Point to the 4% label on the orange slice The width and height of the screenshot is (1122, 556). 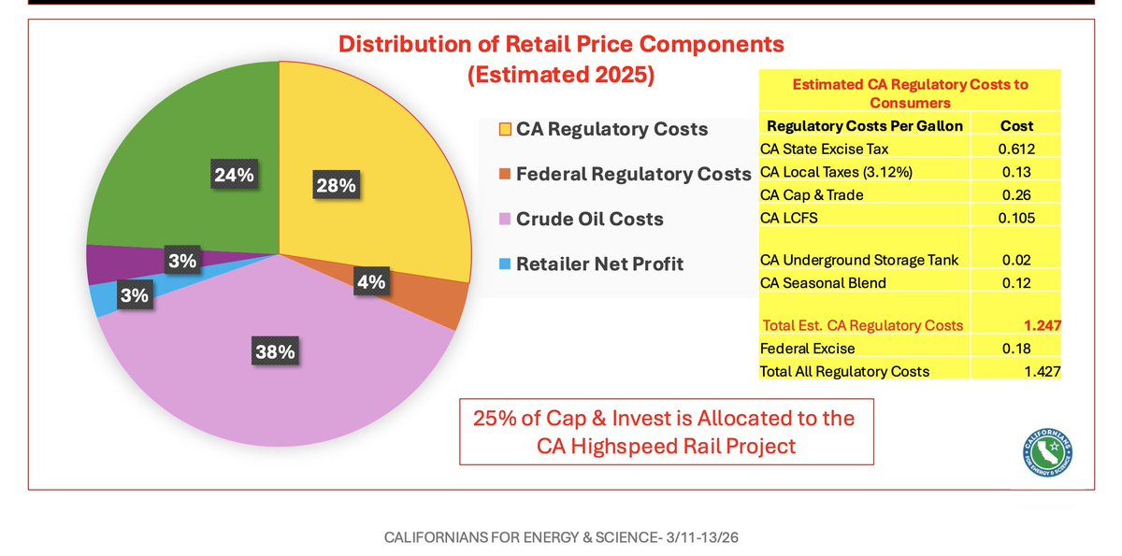[371, 281]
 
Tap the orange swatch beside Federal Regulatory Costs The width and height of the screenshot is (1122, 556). [506, 174]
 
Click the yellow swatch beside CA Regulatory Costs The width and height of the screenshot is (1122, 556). [506, 129]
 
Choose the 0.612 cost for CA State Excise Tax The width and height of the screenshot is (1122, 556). [1014, 150]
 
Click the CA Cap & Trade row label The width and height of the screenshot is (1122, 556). [812, 195]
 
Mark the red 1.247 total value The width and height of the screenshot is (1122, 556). [1042, 325]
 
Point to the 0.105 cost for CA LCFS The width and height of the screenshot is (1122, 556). [1014, 218]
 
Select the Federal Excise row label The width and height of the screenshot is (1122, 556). [807, 349]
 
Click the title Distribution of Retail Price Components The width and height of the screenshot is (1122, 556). [561, 44]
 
